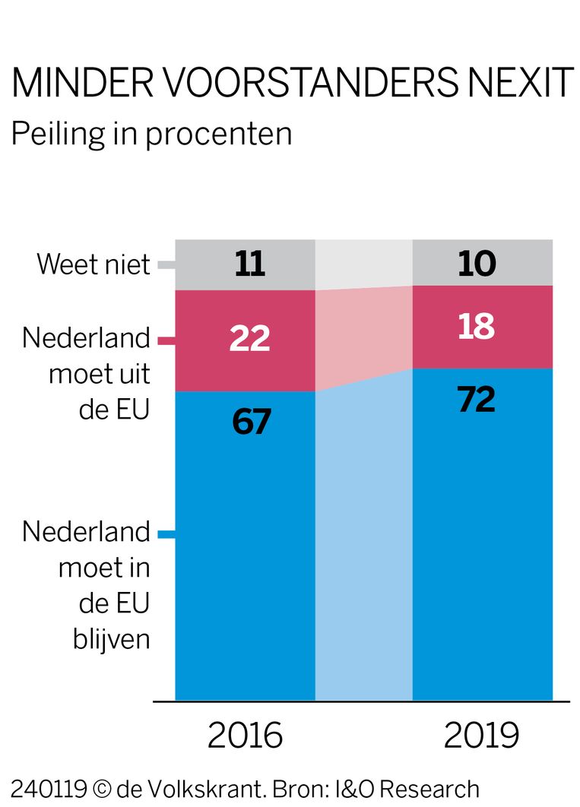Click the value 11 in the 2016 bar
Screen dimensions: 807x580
[249, 265]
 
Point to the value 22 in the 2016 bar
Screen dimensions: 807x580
[249, 338]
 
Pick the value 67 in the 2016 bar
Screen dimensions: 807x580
[252, 422]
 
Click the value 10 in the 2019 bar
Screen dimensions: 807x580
[477, 264]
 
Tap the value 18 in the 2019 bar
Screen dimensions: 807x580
[477, 327]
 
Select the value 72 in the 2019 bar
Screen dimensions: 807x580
[477, 399]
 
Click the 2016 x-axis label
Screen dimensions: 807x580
[245, 736]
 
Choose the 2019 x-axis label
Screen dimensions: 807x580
[482, 736]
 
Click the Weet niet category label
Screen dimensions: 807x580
[93, 265]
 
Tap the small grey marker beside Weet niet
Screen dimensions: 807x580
[166, 265]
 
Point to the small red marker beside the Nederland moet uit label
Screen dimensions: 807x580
[166, 340]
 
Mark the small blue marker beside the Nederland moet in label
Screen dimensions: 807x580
[166, 534]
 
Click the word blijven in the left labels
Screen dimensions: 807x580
[112, 639]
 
